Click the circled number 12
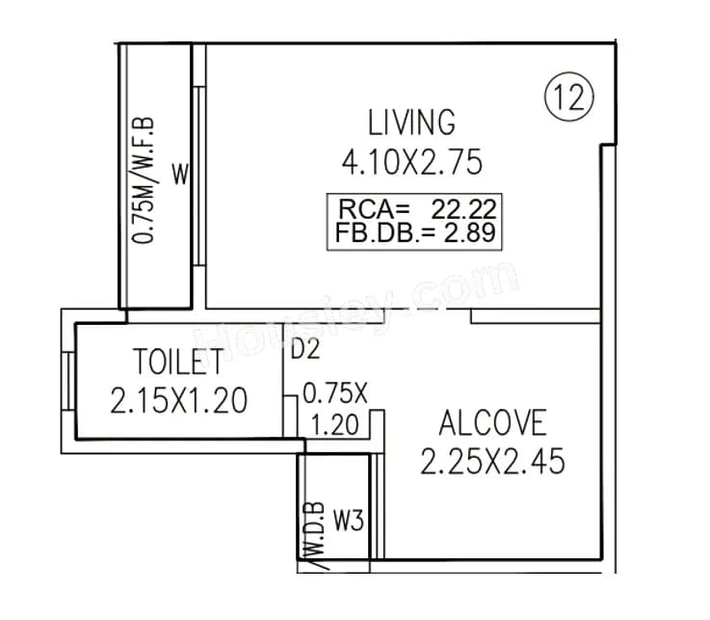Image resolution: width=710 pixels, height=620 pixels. coord(570,99)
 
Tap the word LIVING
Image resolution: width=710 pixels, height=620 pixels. coord(411,123)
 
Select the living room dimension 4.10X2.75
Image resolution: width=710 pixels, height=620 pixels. coord(411,162)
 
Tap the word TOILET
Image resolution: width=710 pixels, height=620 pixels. coord(179,363)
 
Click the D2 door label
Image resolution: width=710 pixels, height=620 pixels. coord(304,349)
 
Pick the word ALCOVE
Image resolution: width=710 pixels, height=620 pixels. coord(492,423)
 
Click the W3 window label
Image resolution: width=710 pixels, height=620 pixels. coord(348,522)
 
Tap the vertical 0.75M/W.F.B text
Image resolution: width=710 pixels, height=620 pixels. coord(146,179)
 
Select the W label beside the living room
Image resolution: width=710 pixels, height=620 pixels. coord(180,175)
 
